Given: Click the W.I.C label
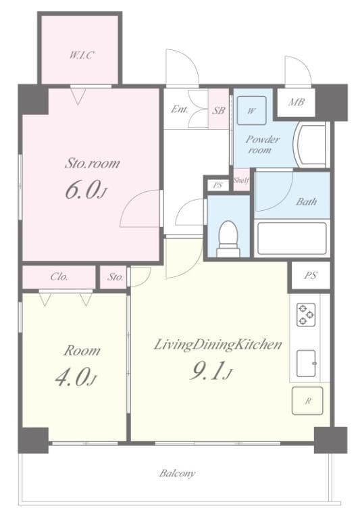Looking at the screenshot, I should coord(80,55).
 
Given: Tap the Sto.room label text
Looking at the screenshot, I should coord(92,163).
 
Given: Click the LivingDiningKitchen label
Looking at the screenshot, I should coord(217,345).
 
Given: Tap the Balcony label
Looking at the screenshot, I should coord(178,473).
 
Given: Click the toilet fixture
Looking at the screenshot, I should coord(228,238).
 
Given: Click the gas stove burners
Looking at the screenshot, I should coord(305,313).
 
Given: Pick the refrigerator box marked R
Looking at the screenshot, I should coord(307,401).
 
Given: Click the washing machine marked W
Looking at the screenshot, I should coord(251,111).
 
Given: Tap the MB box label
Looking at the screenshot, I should coord(296,103).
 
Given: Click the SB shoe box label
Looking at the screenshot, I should coord(218,109).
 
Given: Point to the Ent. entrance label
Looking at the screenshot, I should coord(180,109).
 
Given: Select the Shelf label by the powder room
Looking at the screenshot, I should coord(241,180).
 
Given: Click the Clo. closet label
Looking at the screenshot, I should coord(58,276).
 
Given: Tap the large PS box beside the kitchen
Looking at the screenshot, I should coord(310,275).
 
